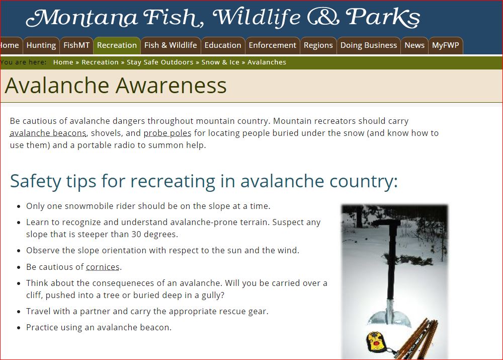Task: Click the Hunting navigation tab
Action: click(41, 45)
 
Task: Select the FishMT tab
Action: click(76, 45)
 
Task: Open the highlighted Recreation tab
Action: click(117, 45)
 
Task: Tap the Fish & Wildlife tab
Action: click(171, 45)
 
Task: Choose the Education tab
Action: click(223, 45)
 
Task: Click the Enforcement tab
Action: click(272, 45)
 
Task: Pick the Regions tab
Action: click(318, 45)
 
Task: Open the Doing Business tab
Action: click(369, 45)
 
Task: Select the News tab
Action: click(414, 45)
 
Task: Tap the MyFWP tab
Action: click(446, 45)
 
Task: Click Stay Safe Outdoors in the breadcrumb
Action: click(160, 62)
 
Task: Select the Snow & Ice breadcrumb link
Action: click(220, 62)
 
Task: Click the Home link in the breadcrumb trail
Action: click(63, 62)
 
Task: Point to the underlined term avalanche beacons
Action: click(48, 133)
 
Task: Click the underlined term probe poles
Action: click(167, 133)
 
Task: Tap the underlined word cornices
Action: click(103, 267)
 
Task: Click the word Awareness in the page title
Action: click(171, 86)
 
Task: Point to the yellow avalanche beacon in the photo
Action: click(376, 341)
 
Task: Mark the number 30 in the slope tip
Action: click(136, 234)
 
